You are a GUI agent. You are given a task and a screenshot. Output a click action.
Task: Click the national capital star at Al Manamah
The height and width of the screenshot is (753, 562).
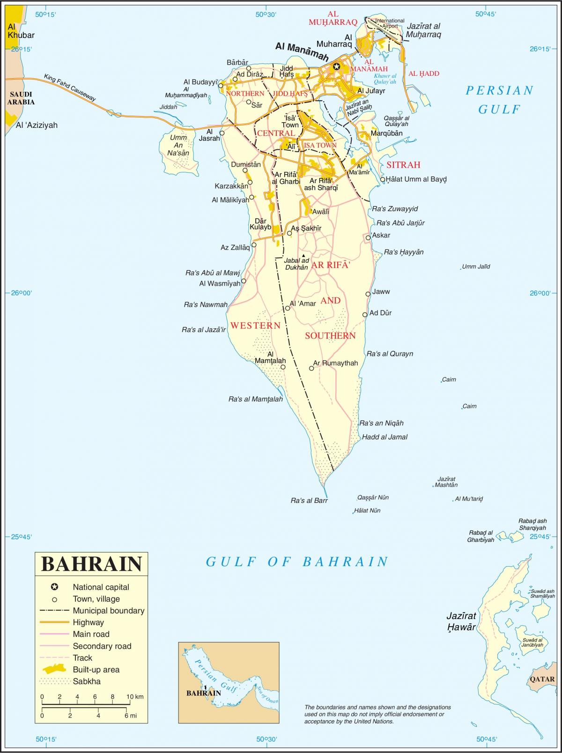click(336, 66)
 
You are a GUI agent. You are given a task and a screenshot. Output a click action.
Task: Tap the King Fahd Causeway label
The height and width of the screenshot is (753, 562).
click(70, 88)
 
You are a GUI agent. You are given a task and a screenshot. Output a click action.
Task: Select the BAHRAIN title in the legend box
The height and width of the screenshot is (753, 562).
click(92, 564)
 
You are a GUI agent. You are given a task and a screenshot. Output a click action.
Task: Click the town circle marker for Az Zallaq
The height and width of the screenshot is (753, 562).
click(254, 244)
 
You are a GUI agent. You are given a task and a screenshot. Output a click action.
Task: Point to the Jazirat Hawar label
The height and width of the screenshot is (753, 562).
click(461, 621)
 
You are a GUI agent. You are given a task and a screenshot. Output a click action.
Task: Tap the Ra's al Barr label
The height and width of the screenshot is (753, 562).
click(309, 501)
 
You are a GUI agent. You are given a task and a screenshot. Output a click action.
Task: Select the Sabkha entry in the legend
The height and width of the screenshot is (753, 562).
click(87, 681)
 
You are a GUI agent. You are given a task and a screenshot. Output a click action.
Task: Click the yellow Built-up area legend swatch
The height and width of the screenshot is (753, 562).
click(55, 669)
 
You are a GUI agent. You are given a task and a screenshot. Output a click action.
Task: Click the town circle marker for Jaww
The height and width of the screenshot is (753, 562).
click(368, 294)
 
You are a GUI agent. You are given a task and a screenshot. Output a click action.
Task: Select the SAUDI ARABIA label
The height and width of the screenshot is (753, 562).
click(21, 98)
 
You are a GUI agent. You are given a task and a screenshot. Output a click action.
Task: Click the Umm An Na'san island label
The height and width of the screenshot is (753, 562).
click(178, 145)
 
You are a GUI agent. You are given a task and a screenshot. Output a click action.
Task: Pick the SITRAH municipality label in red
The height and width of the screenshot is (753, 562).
click(403, 165)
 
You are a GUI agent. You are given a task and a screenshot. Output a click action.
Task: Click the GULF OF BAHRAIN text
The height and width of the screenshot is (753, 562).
click(297, 561)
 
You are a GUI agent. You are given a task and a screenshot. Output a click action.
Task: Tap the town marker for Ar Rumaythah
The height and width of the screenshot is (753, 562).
click(312, 369)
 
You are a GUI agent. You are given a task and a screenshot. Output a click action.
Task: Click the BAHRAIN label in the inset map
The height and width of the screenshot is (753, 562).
click(203, 693)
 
